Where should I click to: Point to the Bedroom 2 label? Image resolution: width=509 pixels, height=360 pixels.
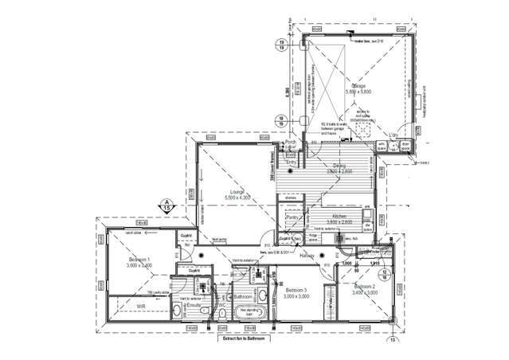coord(364,286)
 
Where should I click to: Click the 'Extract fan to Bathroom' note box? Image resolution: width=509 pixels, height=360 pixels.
coord(243,338)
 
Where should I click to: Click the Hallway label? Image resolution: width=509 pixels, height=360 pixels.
coord(307,256)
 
